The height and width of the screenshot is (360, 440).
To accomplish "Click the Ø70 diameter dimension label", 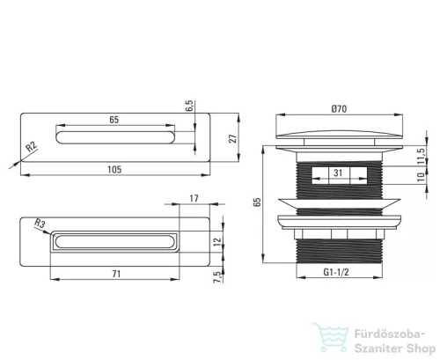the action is [339, 109].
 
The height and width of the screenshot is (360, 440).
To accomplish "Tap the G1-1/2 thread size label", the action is [336, 272].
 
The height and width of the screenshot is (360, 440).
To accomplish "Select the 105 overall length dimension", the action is [114, 170].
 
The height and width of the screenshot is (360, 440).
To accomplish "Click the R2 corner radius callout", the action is [32, 146].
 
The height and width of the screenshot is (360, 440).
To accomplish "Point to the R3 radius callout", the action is [40, 224].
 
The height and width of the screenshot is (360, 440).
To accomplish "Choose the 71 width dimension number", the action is [116, 274].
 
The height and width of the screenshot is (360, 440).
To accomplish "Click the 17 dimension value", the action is [194, 199].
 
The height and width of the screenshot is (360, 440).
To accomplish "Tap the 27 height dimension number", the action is [232, 138].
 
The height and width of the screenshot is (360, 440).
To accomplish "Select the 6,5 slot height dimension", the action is [189, 106].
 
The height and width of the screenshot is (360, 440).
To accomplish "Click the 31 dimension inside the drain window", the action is [338, 173].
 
